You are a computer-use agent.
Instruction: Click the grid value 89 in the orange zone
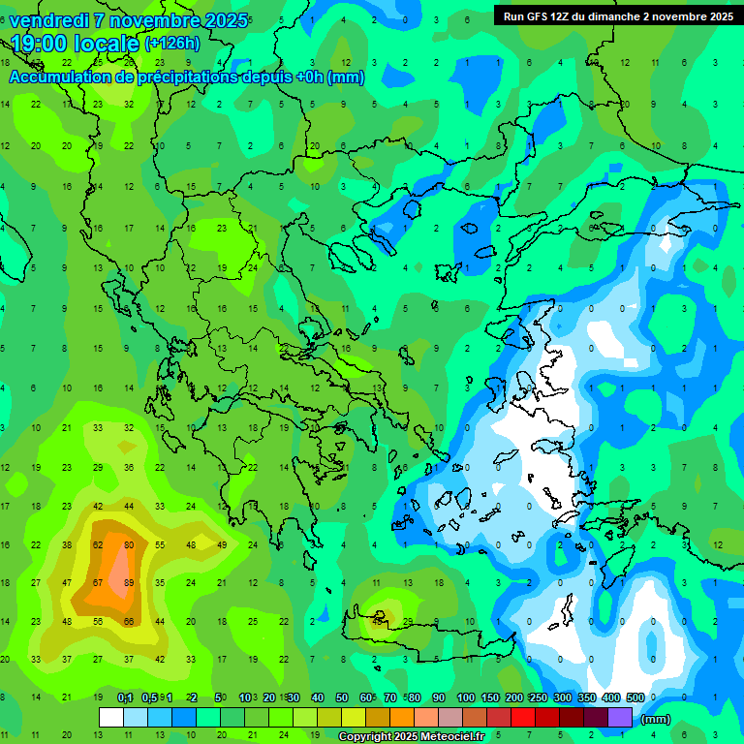(x=129, y=582)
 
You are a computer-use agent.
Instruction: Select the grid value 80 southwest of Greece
(x=129, y=544)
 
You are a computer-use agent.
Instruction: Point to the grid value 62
(x=98, y=544)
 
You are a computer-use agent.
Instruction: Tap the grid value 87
(x=98, y=582)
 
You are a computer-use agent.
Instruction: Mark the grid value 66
(x=129, y=621)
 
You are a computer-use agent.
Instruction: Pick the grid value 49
(x=222, y=544)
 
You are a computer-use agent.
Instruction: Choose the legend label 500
(x=635, y=697)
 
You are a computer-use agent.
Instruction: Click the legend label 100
(x=466, y=697)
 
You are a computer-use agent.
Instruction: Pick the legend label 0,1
(x=125, y=697)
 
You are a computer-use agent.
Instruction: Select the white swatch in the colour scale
(x=111, y=717)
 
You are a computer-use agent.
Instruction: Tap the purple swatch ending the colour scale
(x=620, y=717)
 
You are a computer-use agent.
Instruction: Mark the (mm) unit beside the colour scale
(x=656, y=719)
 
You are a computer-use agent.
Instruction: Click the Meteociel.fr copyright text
(x=411, y=737)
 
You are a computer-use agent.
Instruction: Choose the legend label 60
(x=366, y=697)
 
